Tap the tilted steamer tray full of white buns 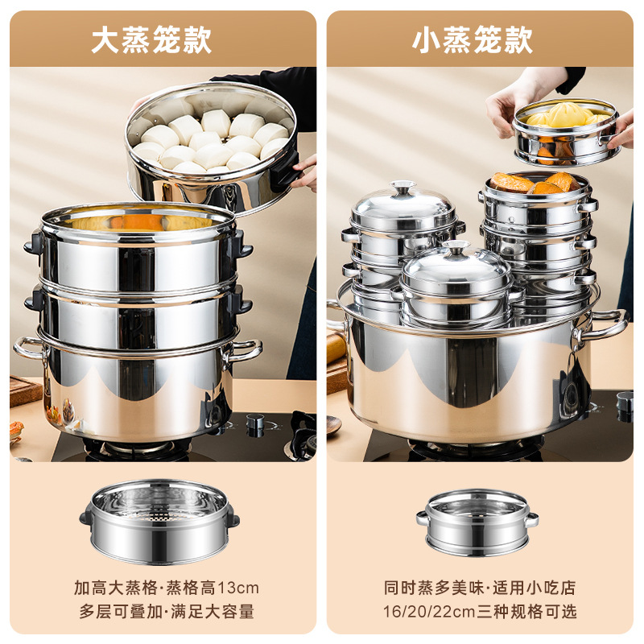coord(212,145)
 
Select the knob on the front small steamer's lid coord(456,247)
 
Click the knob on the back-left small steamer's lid coord(402,188)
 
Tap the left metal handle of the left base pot coord(29,349)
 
